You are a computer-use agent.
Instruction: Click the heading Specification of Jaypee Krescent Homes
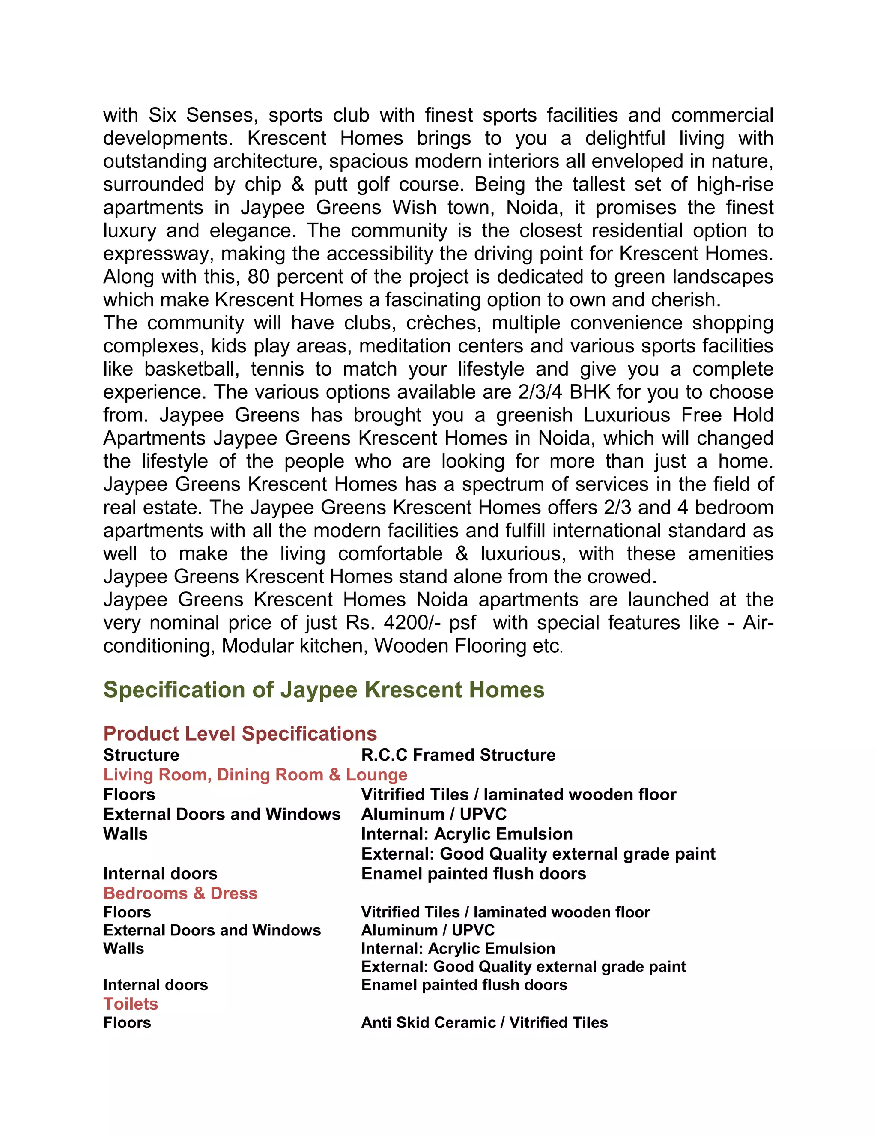point(324,690)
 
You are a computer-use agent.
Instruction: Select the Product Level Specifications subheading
point(240,733)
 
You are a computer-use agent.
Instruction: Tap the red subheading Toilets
point(131,1004)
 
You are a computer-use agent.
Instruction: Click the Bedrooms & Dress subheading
point(180,893)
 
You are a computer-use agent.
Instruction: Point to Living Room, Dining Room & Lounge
point(255,774)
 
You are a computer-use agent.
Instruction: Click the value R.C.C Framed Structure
point(458,755)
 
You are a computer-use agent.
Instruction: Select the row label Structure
point(141,755)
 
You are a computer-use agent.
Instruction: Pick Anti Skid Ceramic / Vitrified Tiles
point(484,1022)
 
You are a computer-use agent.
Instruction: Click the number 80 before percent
point(258,277)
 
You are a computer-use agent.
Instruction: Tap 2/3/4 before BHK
point(540,392)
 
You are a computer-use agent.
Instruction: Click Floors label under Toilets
point(127,1022)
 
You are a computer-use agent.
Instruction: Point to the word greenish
point(534,415)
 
